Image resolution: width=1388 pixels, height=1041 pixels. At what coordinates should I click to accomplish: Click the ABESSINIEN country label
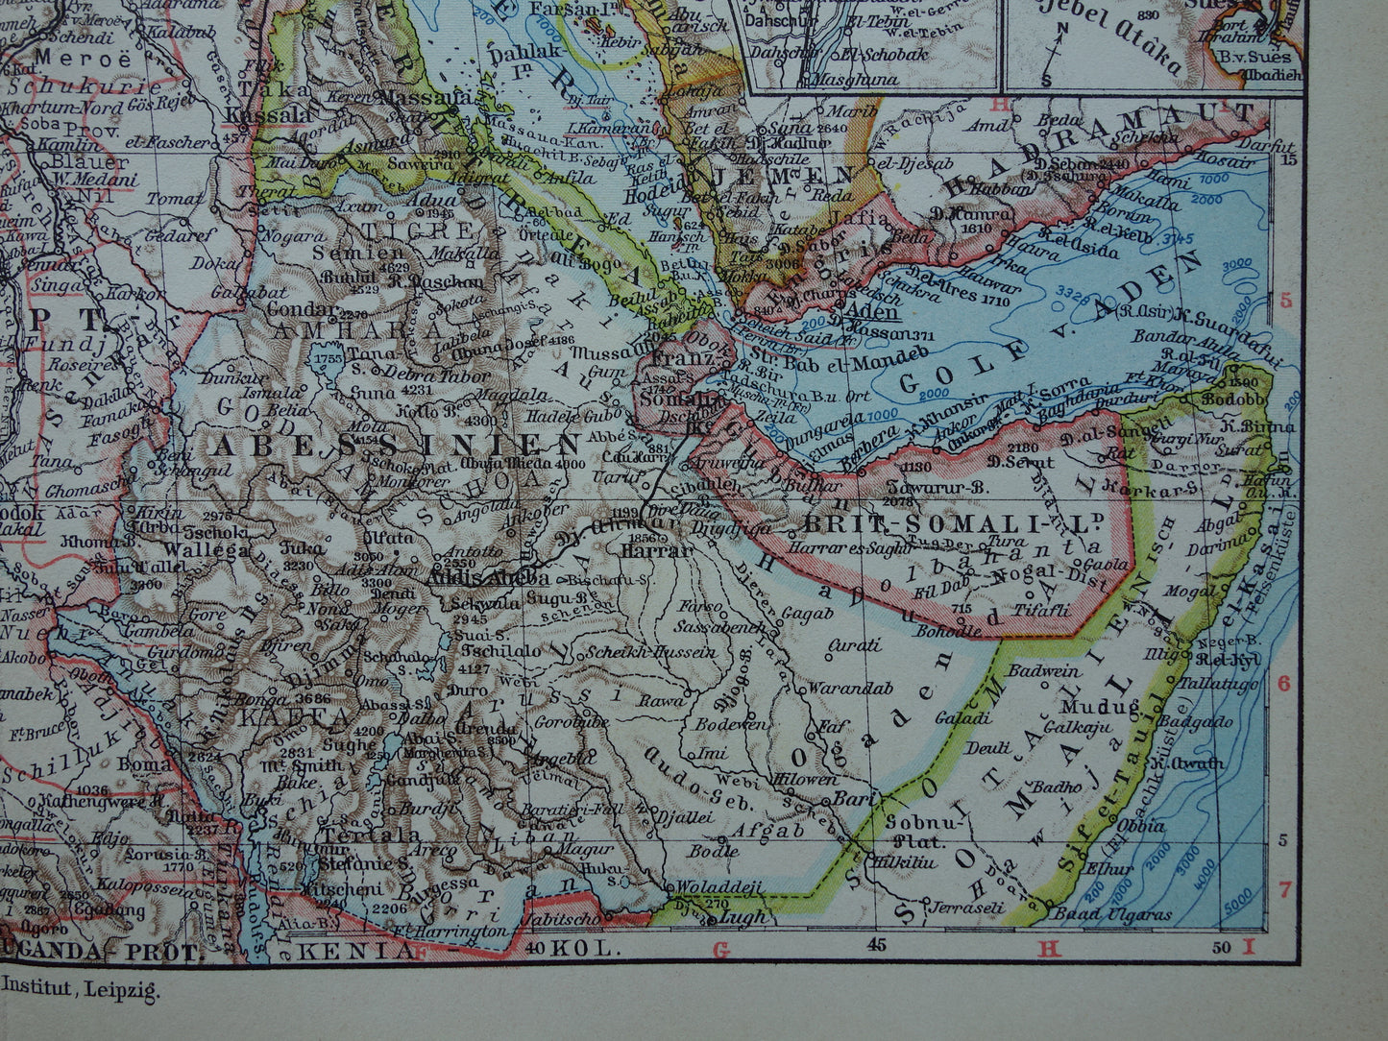coord(395,445)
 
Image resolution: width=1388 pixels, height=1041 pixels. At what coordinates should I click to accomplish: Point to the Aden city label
coord(874,312)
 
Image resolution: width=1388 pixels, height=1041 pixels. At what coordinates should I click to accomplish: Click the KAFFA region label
coord(280,716)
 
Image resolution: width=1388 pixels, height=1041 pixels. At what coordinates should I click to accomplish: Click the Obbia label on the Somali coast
coord(1141,825)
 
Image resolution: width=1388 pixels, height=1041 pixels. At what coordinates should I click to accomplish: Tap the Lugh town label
coord(743,917)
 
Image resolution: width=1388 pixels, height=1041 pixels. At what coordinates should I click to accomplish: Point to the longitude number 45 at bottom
coord(875,946)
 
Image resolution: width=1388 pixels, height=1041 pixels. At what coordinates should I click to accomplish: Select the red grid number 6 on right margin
coord(1284,683)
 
